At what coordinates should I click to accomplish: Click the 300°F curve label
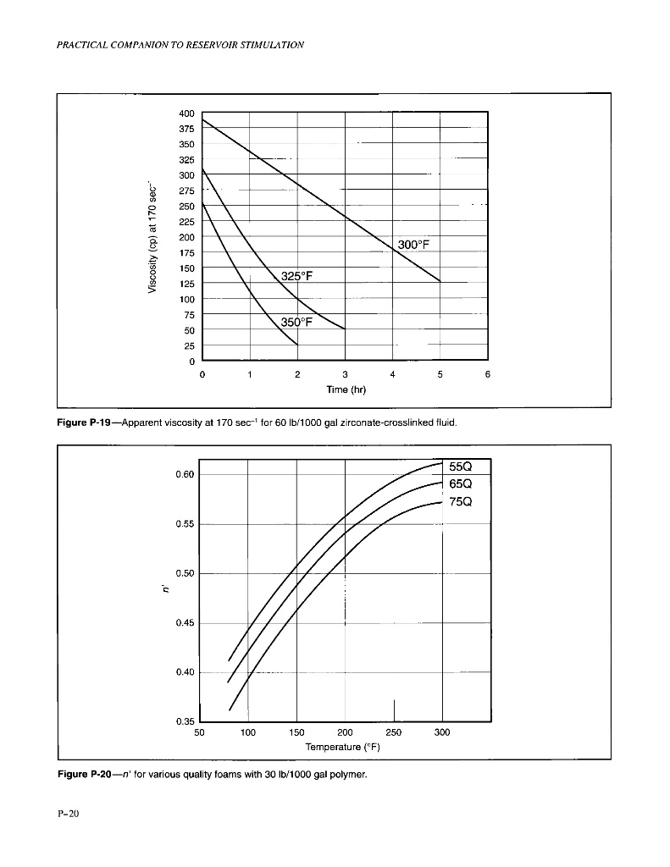tap(413, 246)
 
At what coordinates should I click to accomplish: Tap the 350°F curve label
tap(297, 323)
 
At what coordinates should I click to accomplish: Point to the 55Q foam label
tap(461, 467)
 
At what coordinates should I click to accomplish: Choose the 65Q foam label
tap(461, 484)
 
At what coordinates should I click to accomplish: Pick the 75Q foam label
tap(461, 502)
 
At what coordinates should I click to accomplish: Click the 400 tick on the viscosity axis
tap(186, 113)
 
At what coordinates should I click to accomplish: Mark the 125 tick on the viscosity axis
tap(186, 284)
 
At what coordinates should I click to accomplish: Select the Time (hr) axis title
tap(345, 390)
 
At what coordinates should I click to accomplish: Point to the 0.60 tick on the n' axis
tap(185, 474)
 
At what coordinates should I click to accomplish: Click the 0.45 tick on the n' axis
tap(185, 623)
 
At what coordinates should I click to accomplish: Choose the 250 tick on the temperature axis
tap(393, 732)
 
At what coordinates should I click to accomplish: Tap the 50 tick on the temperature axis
tap(200, 732)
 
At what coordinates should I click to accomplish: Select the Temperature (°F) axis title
tap(344, 748)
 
